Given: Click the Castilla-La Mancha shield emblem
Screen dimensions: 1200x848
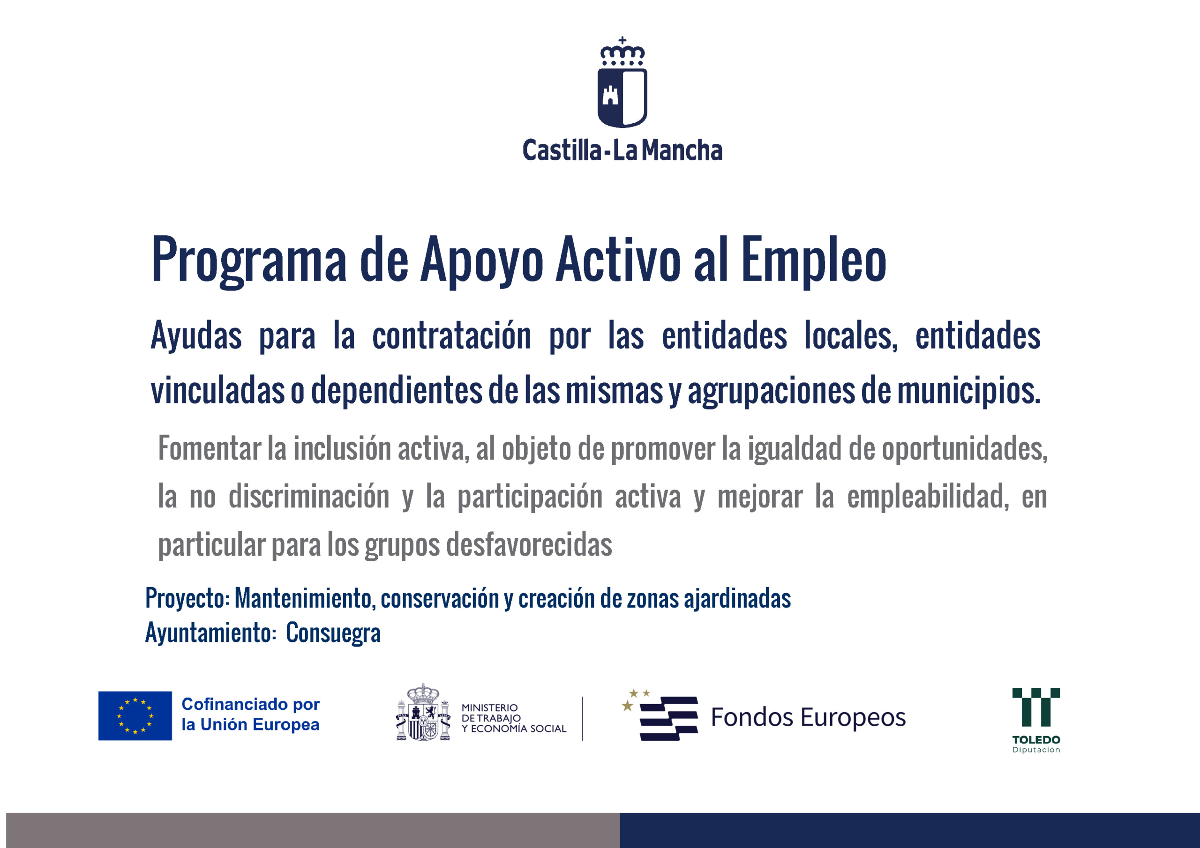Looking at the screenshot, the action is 622,98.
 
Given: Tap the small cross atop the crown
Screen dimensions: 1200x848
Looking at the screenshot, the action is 622,40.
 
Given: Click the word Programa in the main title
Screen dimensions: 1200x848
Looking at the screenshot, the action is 249,260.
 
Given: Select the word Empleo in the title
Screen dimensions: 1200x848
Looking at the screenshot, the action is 814,260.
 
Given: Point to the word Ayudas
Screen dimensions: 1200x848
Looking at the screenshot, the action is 196,335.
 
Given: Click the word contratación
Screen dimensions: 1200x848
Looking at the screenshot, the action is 451,335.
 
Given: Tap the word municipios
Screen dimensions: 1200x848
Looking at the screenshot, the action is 969,390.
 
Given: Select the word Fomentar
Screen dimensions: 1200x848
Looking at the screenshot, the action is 210,448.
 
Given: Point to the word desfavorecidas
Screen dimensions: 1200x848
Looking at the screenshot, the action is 529,544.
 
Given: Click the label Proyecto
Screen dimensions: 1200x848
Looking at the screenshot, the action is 187,599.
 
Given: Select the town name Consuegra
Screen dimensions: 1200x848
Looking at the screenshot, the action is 333,633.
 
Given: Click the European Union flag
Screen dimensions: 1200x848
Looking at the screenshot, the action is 135,716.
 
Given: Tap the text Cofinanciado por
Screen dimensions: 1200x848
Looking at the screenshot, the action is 250,704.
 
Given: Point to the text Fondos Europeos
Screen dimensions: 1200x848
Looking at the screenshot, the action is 808,717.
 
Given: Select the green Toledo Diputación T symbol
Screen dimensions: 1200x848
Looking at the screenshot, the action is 1036,707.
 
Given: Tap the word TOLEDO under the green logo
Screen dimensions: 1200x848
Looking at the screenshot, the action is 1036,740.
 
